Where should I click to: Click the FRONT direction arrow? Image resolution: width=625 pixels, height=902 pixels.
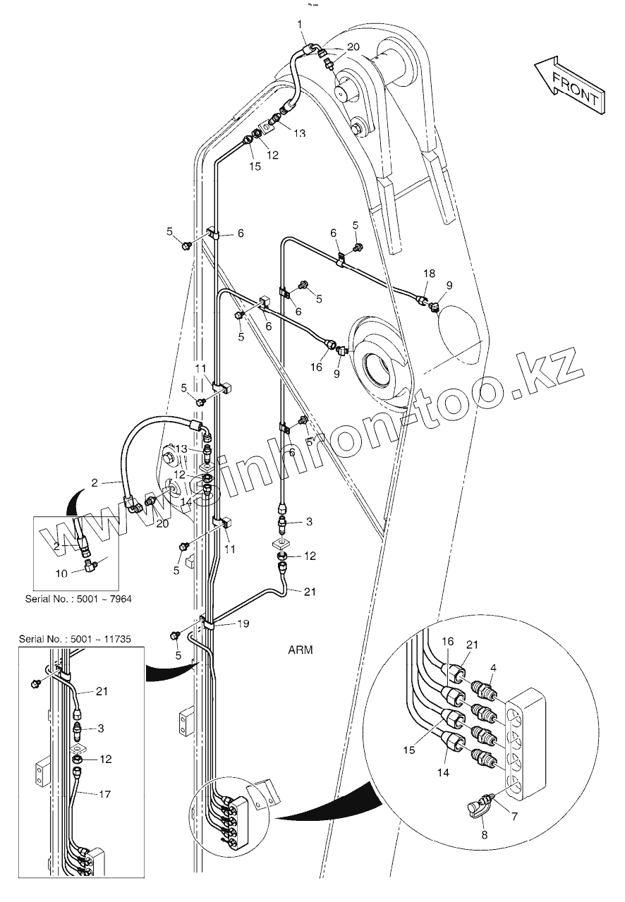click(x=572, y=85)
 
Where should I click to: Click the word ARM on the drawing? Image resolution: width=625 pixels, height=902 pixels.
click(x=301, y=650)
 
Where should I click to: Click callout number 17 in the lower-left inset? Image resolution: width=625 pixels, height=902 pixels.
click(x=104, y=795)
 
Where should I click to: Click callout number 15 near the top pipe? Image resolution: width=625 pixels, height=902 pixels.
click(x=255, y=166)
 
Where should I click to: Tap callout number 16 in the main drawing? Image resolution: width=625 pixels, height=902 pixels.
click(x=316, y=367)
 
